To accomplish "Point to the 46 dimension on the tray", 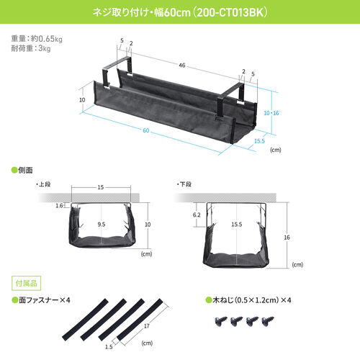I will [x=183, y=66].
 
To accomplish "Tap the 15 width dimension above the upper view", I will [x=101, y=188].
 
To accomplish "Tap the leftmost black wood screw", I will [x=215, y=320].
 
